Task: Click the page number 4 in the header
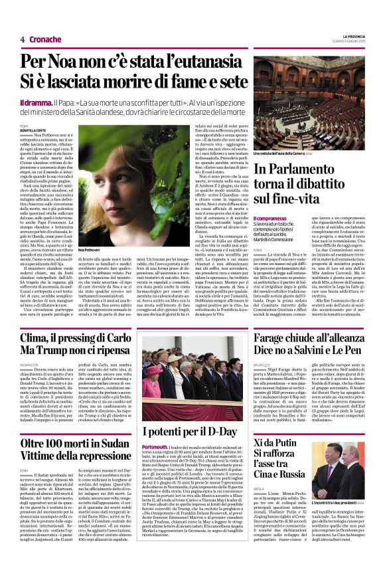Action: [23, 39]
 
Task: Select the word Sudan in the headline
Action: [110, 442]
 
